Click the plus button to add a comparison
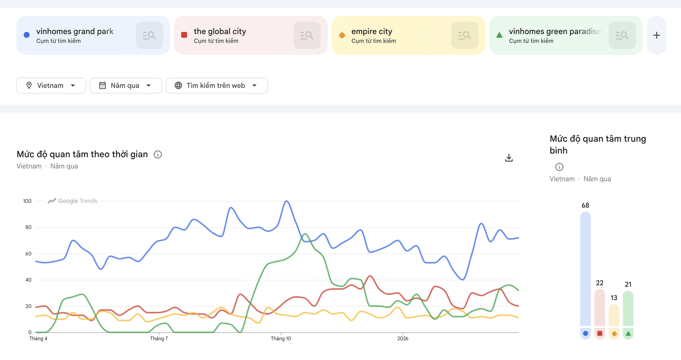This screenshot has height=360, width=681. [x=656, y=35]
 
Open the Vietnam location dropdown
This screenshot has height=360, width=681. [x=51, y=85]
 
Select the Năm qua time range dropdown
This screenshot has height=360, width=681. [x=126, y=85]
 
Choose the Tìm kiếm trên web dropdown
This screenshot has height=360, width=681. [x=217, y=85]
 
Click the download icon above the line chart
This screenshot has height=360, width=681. [x=509, y=158]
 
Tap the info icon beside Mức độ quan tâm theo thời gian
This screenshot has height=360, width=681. [x=158, y=155]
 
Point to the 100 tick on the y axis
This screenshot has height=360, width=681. [x=27, y=201]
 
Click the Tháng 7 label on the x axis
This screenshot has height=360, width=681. [x=159, y=339]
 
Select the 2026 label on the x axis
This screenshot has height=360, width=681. [x=402, y=339]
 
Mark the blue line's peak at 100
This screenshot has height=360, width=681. [x=287, y=201]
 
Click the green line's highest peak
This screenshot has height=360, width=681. [x=305, y=234]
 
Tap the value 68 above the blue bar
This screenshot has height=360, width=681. [x=585, y=205]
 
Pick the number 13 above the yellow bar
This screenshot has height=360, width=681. [x=614, y=298]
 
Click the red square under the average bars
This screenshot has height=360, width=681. [x=600, y=333]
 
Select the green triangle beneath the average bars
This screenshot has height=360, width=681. [x=628, y=333]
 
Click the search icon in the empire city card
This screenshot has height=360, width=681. [x=464, y=35]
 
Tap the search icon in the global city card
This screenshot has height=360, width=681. [x=307, y=35]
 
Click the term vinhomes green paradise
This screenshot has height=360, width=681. [x=555, y=31]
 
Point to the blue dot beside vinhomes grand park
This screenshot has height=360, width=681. [x=27, y=35]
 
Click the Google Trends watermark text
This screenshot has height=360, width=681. [x=78, y=201]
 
